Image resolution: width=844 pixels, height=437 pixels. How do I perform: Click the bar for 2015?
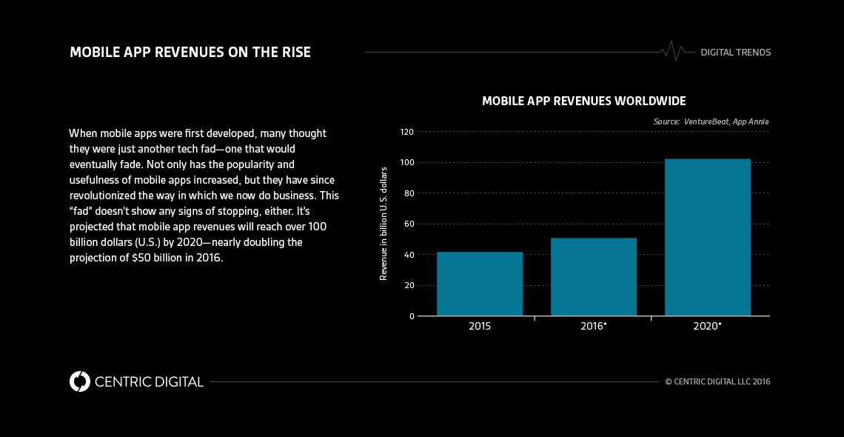[480, 284]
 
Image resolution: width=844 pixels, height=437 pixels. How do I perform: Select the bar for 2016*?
[594, 277]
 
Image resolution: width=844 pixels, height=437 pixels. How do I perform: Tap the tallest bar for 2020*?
[708, 237]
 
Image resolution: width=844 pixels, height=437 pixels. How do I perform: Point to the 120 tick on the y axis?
[406, 132]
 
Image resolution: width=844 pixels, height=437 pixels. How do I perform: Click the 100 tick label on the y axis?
[406, 163]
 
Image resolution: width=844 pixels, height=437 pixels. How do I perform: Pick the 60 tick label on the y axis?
[409, 224]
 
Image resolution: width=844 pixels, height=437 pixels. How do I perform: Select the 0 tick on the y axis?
[411, 316]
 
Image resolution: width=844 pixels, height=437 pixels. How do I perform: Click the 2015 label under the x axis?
[480, 326]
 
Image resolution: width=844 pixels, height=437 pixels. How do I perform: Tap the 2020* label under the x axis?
[708, 326]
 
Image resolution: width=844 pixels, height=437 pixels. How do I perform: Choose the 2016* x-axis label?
[594, 326]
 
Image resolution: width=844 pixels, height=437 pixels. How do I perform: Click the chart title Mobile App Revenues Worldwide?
[583, 101]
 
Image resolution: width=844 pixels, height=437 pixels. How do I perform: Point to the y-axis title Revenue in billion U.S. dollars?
[384, 223]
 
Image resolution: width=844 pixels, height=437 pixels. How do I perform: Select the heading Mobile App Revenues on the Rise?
[190, 53]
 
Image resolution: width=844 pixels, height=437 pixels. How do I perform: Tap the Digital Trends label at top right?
[736, 53]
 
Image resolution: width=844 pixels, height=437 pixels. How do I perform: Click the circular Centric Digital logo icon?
[79, 381]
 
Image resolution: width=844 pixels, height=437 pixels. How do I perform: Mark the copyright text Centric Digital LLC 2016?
[717, 382]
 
